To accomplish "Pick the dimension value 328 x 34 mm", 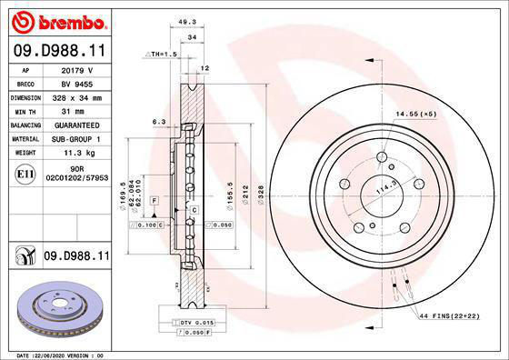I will (76, 96).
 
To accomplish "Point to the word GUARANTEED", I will (76, 125).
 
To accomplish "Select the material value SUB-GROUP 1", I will (76, 139).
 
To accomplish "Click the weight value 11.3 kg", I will (76, 153).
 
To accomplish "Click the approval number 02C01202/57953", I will (76, 180).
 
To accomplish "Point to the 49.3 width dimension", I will (187, 23).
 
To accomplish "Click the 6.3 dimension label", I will (158, 121).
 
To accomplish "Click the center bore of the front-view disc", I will (382, 194).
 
